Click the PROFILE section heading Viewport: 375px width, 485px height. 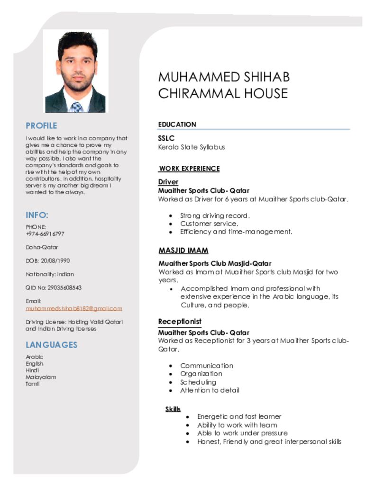pos(41,126)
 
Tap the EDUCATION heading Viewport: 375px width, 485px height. pos(177,125)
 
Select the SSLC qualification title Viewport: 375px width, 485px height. pos(166,138)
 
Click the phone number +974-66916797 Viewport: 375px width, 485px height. pos(45,234)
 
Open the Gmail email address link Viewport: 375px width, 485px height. pos(73,308)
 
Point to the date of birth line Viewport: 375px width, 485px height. pos(48,260)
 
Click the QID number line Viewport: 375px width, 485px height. pos(54,287)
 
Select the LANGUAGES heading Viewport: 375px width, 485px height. pos(51,345)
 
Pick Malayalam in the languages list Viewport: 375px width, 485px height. pos(41,377)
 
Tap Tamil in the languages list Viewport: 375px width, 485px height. pos(33,384)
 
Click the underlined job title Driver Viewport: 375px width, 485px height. pos(168,182)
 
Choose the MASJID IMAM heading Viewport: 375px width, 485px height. pos(183,251)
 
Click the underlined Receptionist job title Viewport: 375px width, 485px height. pos(180,322)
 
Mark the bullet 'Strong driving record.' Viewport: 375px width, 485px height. pos(215,216)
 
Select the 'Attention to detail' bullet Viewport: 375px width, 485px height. pos(210,390)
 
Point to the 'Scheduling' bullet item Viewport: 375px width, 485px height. pos(198,382)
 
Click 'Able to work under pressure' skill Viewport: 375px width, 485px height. pos(242,433)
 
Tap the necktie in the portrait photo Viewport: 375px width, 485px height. pos(77,107)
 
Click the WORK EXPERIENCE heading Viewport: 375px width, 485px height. pos(189,169)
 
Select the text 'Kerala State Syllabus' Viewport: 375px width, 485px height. pos(192,147)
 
